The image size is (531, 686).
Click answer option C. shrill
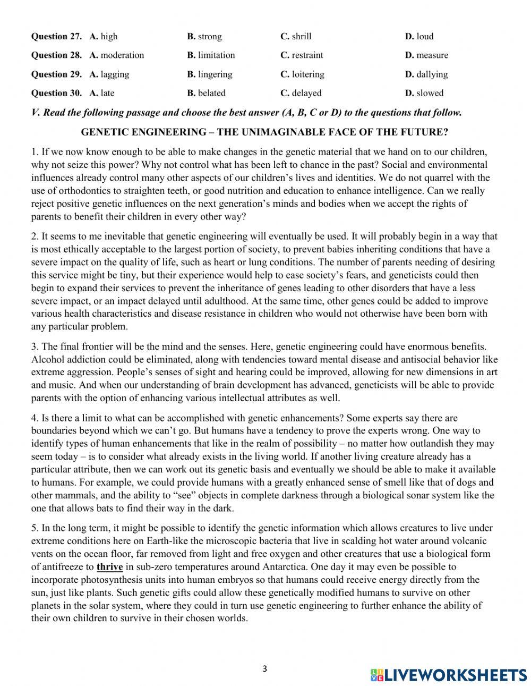(296, 37)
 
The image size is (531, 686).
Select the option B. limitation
(211, 55)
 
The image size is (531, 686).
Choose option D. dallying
(426, 74)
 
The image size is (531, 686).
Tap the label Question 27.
(56, 37)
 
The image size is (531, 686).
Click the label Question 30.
(56, 93)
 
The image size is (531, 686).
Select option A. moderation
(117, 55)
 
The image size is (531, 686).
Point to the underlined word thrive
(109, 567)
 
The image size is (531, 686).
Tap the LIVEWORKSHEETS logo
(449, 674)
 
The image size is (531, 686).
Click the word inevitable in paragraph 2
(125, 236)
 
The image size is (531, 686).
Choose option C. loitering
(302, 74)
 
